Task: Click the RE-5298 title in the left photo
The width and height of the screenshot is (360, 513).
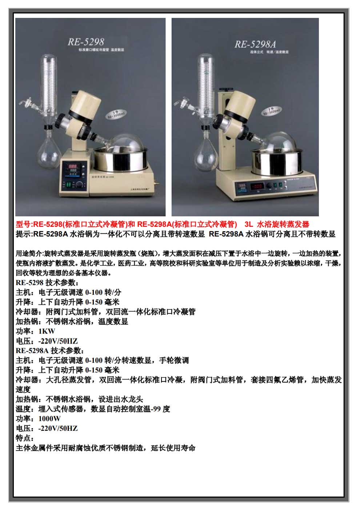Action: tap(86, 42)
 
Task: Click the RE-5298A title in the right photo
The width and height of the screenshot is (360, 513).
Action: tap(255, 44)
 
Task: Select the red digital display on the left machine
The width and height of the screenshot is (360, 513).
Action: tap(73, 168)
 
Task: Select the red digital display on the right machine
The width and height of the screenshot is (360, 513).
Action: tap(257, 186)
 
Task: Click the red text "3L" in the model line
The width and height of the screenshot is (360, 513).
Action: tap(249, 224)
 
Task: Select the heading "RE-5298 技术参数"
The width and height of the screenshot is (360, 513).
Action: tap(47, 282)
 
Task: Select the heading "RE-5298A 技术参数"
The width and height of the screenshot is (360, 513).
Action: tap(50, 350)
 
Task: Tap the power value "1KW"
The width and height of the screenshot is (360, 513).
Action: tap(47, 331)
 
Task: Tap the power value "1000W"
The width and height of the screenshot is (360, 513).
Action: tap(49, 418)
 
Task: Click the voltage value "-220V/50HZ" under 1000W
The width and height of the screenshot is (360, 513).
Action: tap(58, 428)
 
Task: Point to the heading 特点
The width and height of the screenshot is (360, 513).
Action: tap(24, 438)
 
